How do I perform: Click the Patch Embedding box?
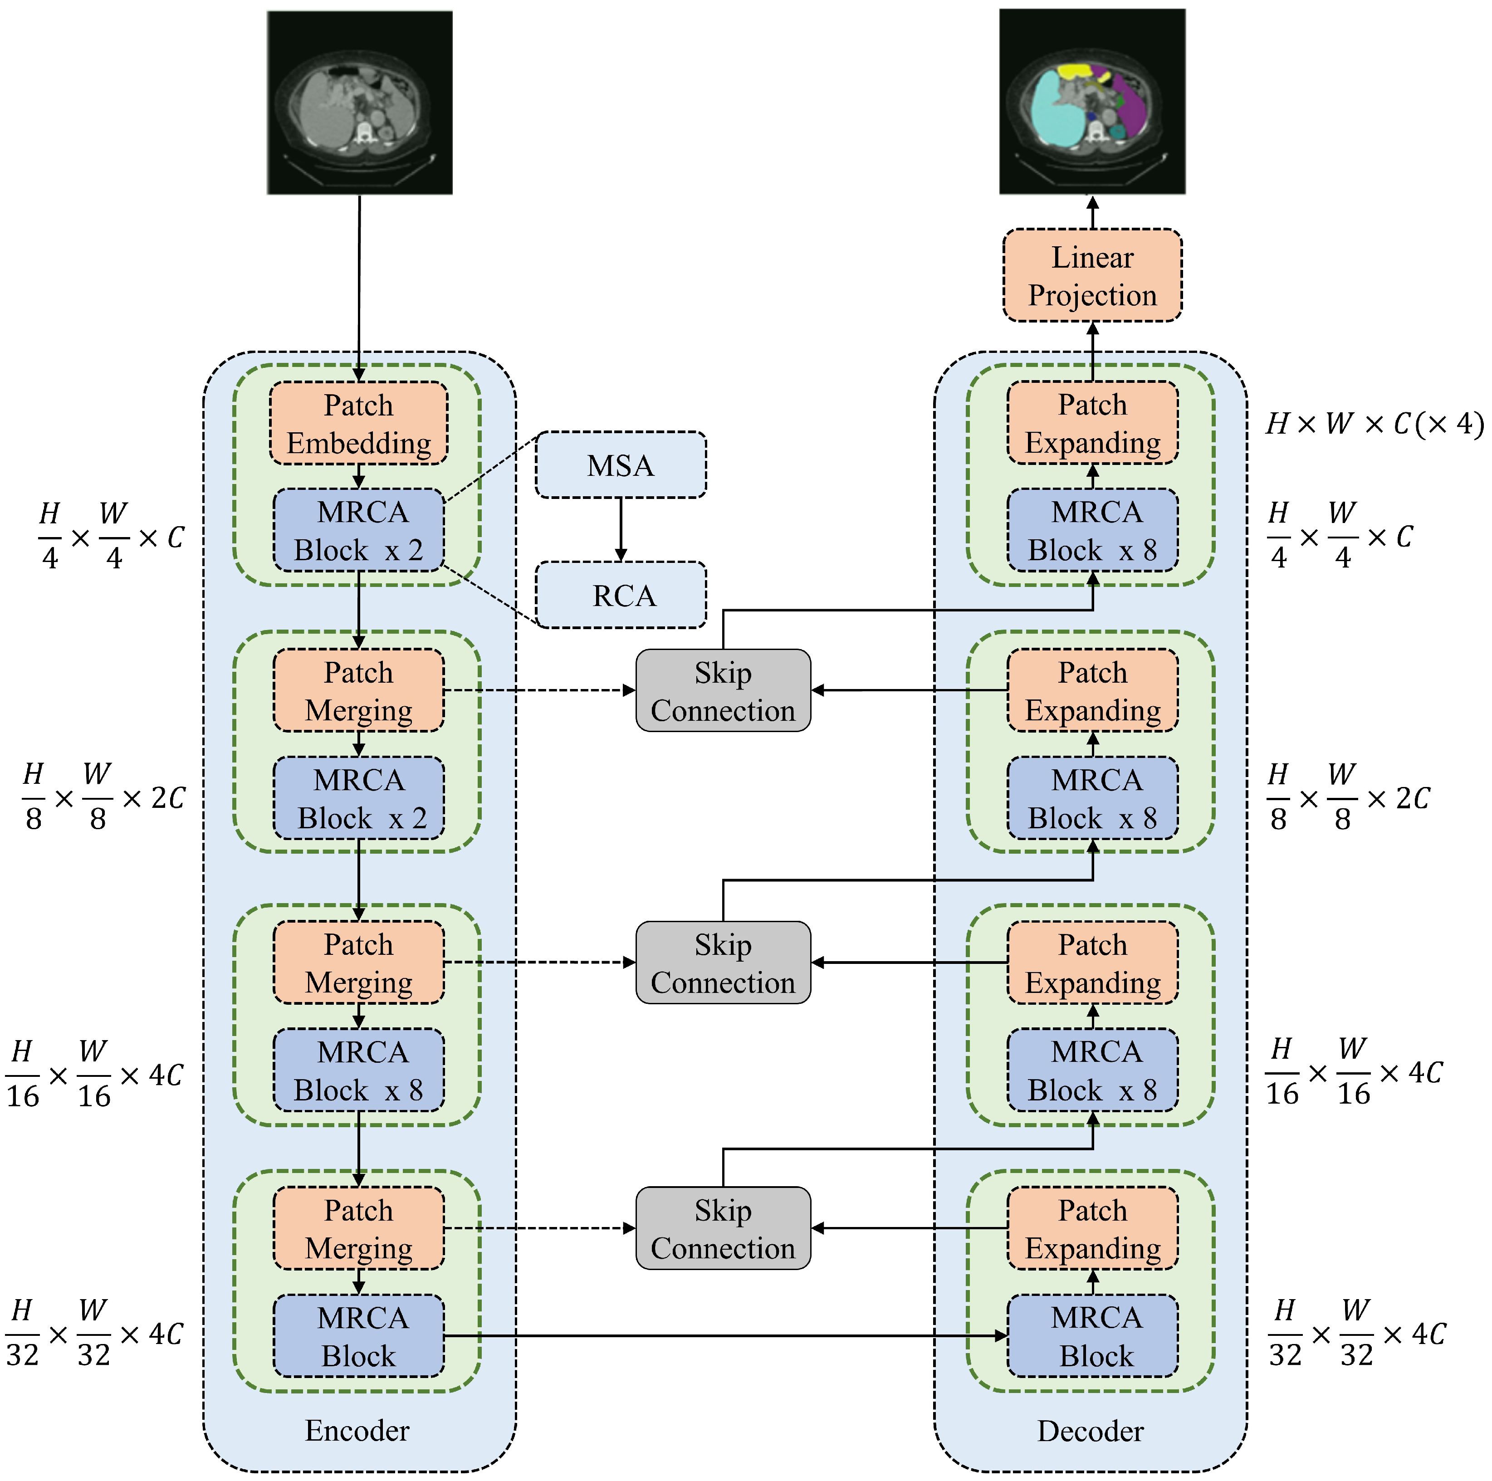358,423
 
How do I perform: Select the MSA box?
620,465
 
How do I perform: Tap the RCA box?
620,595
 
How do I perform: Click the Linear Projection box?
1092,276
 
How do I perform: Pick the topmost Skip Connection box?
723,690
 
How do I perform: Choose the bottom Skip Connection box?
723,1228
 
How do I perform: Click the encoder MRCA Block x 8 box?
358,1070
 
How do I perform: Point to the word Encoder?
357,1430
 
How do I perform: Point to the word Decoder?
1090,1431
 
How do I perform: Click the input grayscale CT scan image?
359,102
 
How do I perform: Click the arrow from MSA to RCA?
620,529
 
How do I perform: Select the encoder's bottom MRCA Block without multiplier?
358,1336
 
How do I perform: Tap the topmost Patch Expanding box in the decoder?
1092,423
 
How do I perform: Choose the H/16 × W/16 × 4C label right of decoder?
1353,1072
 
